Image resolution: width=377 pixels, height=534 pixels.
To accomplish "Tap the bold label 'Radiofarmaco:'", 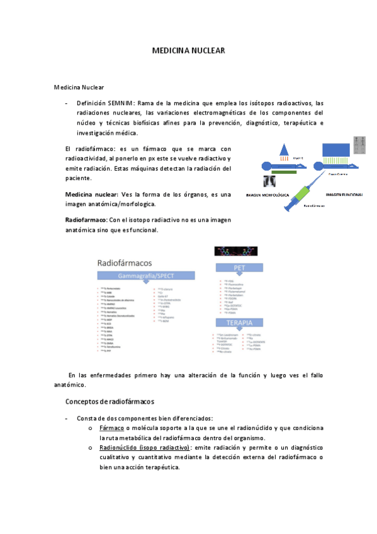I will pos(86,220).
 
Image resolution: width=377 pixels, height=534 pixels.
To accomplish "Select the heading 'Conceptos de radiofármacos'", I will pos(110,401).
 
